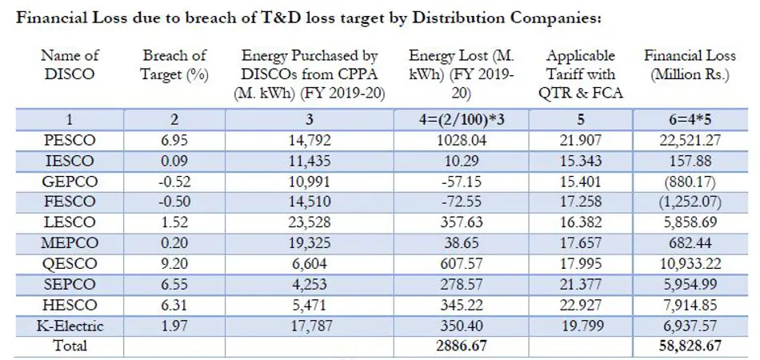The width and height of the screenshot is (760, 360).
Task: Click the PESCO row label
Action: tap(70, 141)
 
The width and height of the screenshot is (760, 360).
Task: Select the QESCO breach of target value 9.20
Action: tap(174, 264)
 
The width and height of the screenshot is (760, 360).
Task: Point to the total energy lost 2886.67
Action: tap(460, 346)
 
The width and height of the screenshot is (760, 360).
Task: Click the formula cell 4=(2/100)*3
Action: tap(460, 120)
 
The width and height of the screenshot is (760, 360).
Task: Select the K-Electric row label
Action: tap(70, 326)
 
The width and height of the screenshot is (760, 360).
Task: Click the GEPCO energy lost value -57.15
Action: tap(460, 182)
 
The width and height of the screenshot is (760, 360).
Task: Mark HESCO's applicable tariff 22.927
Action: tap(582, 306)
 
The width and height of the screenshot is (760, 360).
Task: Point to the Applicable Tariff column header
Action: tap(582, 74)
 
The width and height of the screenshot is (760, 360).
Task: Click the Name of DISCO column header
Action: tap(70, 65)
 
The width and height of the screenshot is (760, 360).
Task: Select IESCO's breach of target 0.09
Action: tap(174, 162)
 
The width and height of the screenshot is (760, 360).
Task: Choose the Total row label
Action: tap(70, 346)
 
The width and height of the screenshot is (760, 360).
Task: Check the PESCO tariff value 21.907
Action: tap(582, 141)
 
